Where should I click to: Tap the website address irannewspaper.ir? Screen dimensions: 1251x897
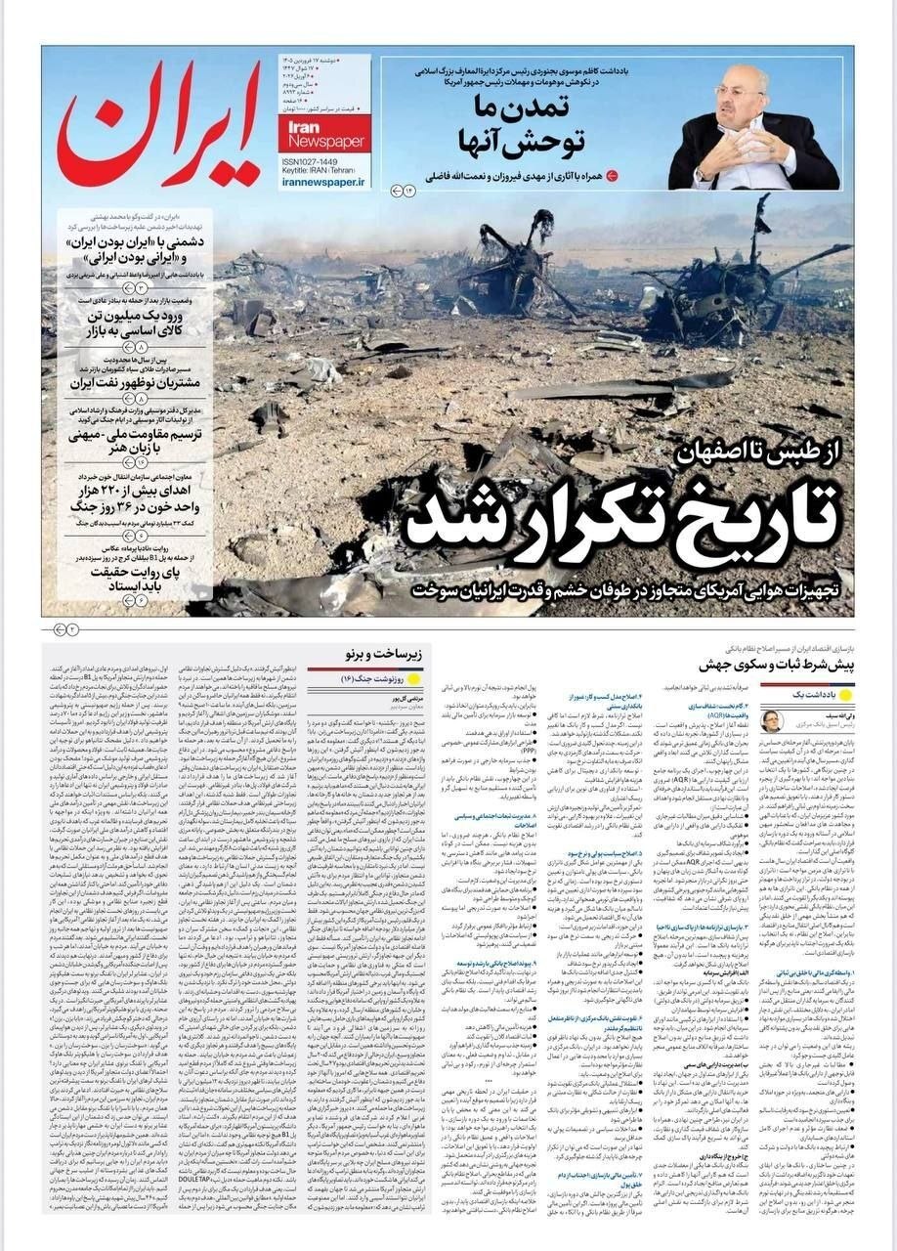point(321,182)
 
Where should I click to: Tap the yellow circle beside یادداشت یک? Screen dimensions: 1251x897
point(845,693)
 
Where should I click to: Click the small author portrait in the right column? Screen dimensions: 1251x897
point(772,720)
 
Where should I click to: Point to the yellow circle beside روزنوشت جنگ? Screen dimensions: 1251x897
point(412,678)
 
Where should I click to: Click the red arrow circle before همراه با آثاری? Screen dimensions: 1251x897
point(612,176)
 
